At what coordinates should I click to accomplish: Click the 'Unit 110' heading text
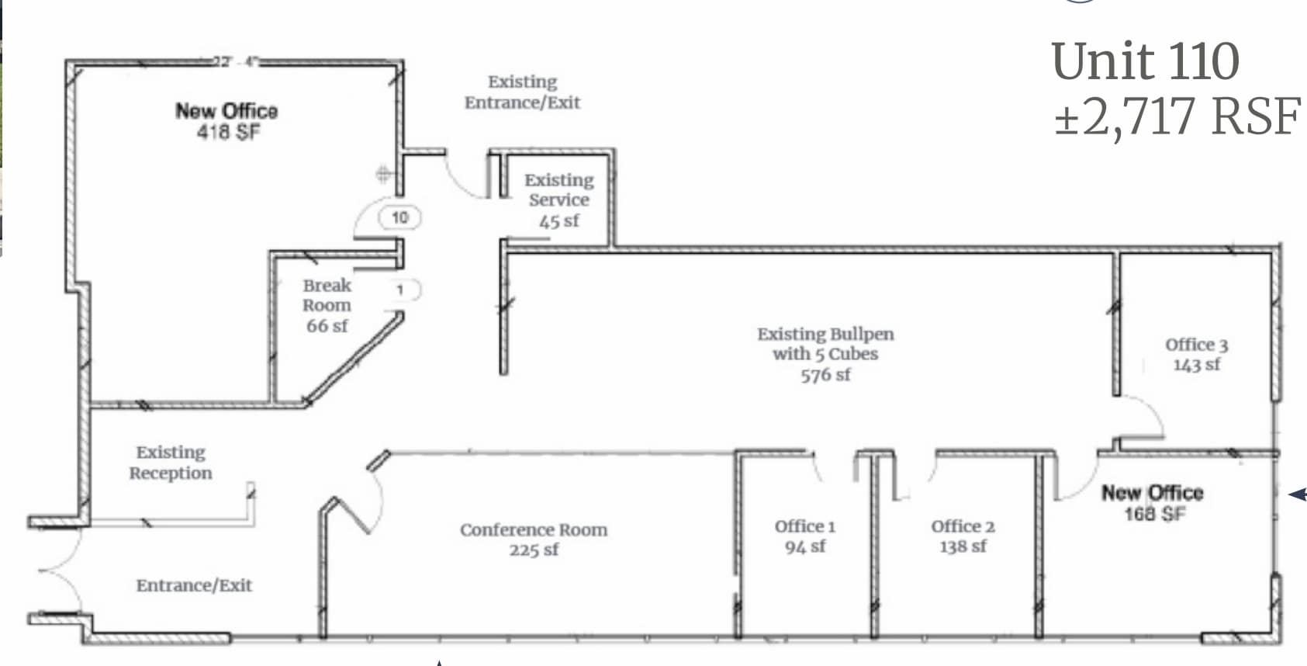pos(1145,61)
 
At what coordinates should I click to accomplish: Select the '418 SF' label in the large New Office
pos(228,133)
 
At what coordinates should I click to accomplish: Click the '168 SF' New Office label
pos(1154,513)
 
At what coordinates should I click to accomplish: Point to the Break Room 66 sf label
pos(327,306)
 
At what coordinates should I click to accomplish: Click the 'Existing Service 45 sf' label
pos(558,200)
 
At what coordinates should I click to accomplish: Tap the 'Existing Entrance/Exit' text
pos(522,92)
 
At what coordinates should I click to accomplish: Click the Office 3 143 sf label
pos(1196,355)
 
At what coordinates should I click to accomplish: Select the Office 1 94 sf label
pos(804,536)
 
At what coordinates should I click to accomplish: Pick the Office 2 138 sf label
pos(963,536)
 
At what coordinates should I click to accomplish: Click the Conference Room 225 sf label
pos(534,539)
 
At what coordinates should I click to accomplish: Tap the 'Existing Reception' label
pos(171,463)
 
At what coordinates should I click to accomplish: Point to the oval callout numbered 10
pos(399,217)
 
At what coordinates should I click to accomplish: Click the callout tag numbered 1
pos(401,290)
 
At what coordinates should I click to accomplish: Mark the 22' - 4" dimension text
pos(236,61)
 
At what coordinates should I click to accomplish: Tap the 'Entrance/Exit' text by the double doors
pos(194,585)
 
